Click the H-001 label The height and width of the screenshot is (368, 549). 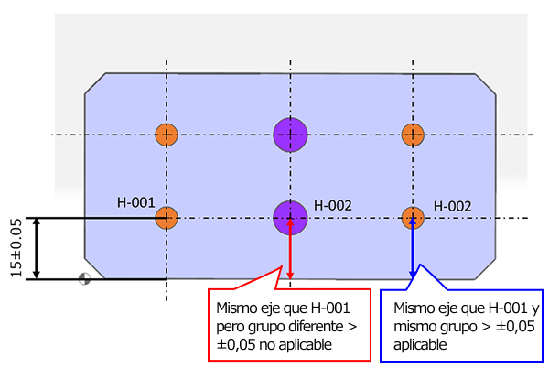(135, 200)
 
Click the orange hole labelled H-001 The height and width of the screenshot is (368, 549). (166, 218)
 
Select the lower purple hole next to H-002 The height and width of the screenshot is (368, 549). (290, 217)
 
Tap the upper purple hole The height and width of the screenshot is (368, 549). (290, 135)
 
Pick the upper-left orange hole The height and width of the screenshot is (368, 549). (166, 135)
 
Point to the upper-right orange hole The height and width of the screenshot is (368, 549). (414, 135)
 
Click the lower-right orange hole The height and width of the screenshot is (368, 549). (414, 218)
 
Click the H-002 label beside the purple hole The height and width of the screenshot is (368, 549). (333, 206)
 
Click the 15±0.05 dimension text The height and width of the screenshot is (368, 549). (15, 248)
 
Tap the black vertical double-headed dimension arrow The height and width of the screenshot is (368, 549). (36, 248)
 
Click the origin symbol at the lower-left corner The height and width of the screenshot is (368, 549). (85, 279)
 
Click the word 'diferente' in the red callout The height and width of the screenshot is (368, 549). (307, 326)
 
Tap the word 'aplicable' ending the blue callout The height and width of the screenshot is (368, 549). (420, 345)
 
